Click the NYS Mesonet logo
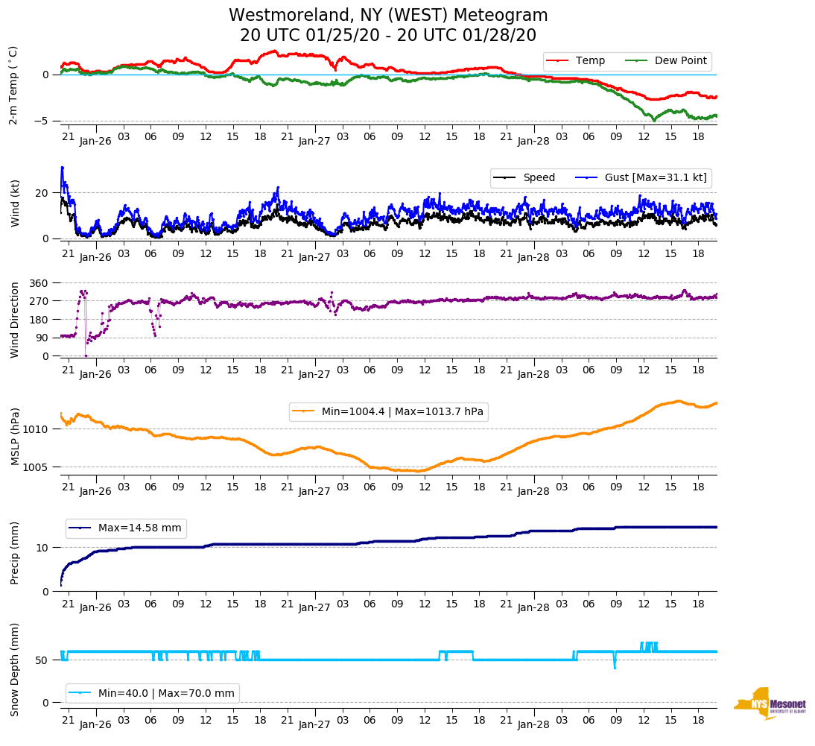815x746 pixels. coord(770,704)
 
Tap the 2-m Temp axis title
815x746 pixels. coord(13,85)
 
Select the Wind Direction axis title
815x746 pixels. coord(14,320)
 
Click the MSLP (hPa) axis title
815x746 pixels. coord(14,437)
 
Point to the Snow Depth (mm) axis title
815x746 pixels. coord(14,669)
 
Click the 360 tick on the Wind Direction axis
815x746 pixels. coord(39,283)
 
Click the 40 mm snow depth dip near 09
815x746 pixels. coord(615,668)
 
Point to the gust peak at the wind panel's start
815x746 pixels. coord(62,167)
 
